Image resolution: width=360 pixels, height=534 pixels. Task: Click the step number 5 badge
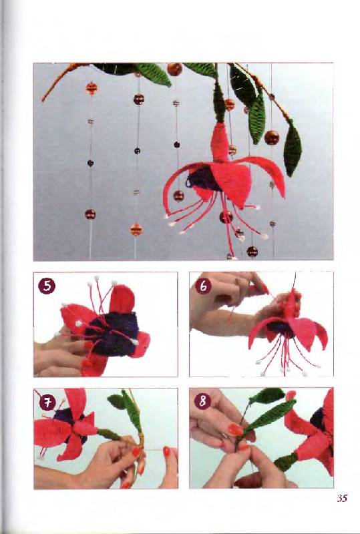coord(47,286)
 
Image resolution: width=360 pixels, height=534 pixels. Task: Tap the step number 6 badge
coord(203,286)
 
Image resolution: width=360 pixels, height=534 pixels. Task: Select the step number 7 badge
coord(47,403)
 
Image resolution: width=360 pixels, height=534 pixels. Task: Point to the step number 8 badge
coord(203,402)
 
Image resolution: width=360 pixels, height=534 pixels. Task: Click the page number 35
coord(342,498)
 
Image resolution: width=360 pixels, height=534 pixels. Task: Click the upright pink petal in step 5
coord(122,298)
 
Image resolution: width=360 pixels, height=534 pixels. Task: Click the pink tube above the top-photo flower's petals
coord(220,142)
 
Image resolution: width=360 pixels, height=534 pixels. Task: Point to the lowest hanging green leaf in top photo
coord(293,149)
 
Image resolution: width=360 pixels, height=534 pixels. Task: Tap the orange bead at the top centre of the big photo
coord(174,69)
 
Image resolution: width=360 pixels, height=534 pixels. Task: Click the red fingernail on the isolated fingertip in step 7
coord(166,451)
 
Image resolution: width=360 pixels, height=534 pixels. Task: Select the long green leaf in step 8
coord(269,418)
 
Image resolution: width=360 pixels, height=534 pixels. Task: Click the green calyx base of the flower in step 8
coord(286,462)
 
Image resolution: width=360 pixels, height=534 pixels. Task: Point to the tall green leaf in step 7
coord(132,411)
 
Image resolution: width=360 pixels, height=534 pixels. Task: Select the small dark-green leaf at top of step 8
coord(267,395)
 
